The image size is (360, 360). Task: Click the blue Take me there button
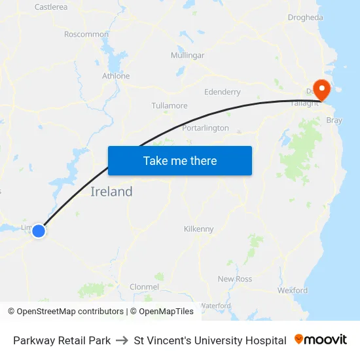pyautogui.click(x=180, y=160)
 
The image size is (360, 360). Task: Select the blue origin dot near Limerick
pyautogui.click(x=39, y=230)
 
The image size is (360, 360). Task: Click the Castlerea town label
pyautogui.click(x=51, y=7)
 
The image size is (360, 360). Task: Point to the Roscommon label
pyautogui.click(x=86, y=34)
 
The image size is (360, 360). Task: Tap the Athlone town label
pyautogui.click(x=116, y=76)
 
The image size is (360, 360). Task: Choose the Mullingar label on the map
pyautogui.click(x=187, y=56)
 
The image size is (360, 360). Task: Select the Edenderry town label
pyautogui.click(x=223, y=92)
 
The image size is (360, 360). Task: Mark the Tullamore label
pyautogui.click(x=170, y=106)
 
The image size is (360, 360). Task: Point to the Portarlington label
pyautogui.click(x=206, y=128)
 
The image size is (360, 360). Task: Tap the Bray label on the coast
pyautogui.click(x=334, y=120)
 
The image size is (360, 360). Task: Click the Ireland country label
pyautogui.click(x=111, y=192)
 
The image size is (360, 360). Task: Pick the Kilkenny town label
pyautogui.click(x=198, y=229)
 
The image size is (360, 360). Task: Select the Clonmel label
pyautogui.click(x=144, y=287)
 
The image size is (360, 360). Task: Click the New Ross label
pyautogui.click(x=234, y=279)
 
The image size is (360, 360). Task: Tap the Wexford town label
pyautogui.click(x=292, y=291)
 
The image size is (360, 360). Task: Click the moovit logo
pyautogui.click(x=321, y=340)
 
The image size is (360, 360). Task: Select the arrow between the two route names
pyautogui.click(x=122, y=340)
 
